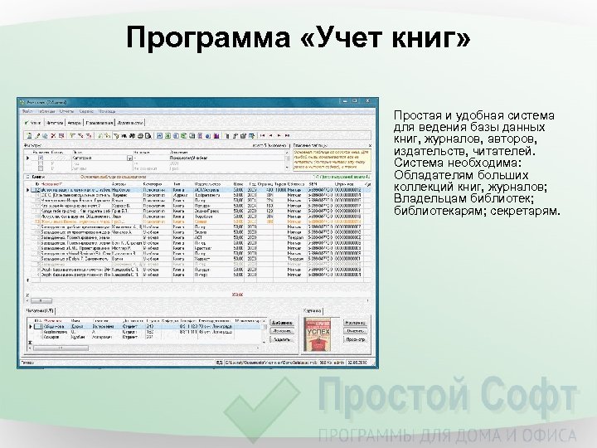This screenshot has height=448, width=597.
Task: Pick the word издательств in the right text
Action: [x=427, y=152]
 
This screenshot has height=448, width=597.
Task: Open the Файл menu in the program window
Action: [x=27, y=110]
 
